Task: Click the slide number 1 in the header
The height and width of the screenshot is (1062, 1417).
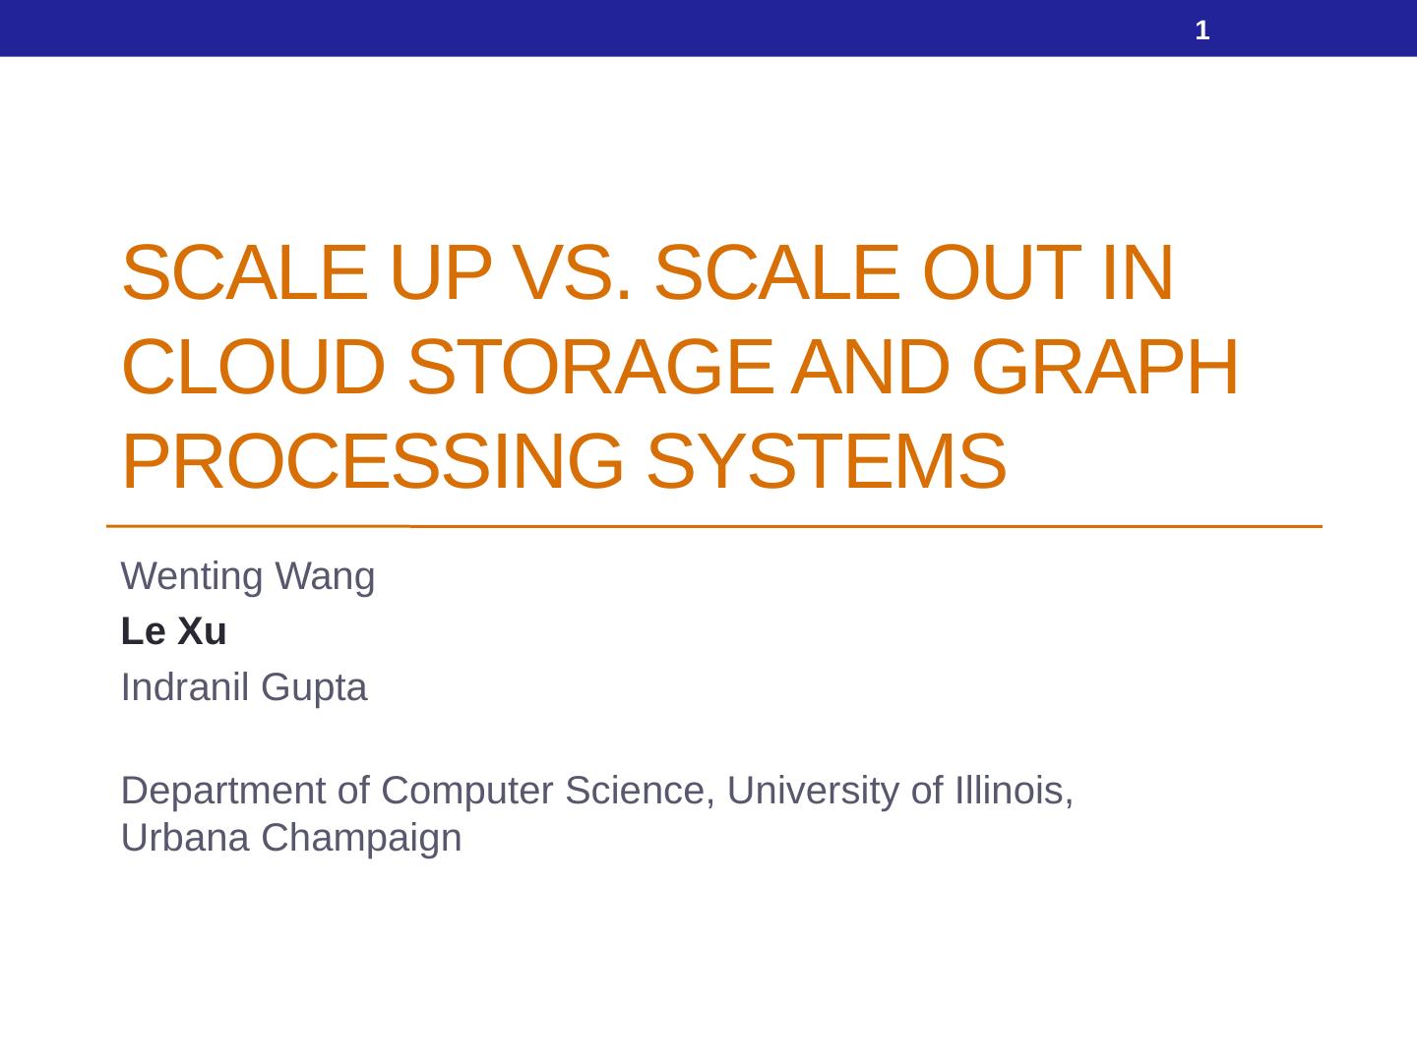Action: tap(1202, 30)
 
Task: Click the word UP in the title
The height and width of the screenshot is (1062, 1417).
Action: tap(441, 272)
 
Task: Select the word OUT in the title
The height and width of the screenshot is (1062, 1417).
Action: tap(1002, 272)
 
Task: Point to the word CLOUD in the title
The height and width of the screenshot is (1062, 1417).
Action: tap(254, 366)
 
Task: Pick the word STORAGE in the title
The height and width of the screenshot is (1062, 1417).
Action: tap(590, 366)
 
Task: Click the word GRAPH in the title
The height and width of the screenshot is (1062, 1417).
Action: tap(1104, 366)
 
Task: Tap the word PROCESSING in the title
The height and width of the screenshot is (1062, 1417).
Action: tap(373, 461)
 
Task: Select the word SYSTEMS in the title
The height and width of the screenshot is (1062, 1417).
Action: tap(827, 461)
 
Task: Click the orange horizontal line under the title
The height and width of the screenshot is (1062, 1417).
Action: tap(714, 526)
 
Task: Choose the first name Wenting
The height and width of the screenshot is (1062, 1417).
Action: tap(192, 576)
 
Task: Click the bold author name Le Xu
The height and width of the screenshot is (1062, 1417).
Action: tap(173, 630)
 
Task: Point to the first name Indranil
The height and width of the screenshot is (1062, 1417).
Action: tap(185, 686)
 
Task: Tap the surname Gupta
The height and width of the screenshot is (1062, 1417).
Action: tap(314, 688)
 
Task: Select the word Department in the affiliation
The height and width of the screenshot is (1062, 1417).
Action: tap(223, 792)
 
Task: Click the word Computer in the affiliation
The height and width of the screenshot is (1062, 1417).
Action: tap(467, 791)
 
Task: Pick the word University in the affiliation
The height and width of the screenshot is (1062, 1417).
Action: tap(813, 792)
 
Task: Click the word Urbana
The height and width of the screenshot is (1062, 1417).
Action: tap(185, 838)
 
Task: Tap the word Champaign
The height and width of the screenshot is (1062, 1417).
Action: tap(361, 840)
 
